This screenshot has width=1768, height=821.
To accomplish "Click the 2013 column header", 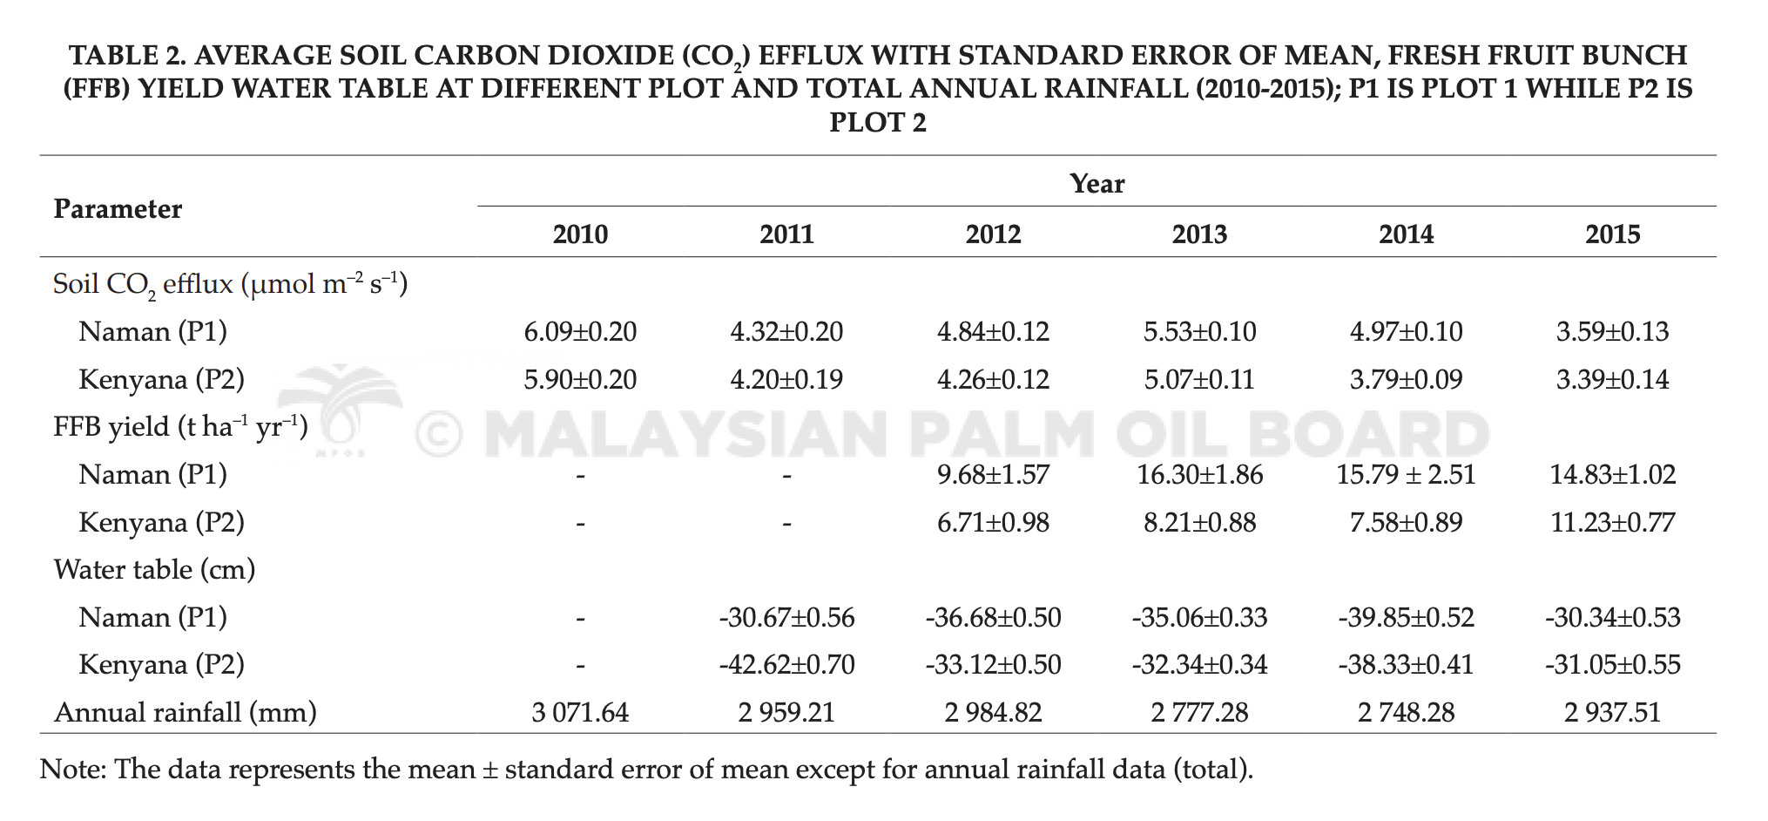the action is tap(1199, 234).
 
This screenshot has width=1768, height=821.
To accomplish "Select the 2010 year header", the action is tap(580, 234).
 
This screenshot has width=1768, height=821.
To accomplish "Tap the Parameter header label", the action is tap(118, 209).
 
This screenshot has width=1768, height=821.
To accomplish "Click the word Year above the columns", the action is tap(1097, 184).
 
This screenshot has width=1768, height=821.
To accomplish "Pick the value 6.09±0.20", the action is tap(580, 332).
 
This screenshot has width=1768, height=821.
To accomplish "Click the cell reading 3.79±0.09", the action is tap(1406, 380).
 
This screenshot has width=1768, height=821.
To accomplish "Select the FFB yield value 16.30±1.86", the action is tap(1199, 475).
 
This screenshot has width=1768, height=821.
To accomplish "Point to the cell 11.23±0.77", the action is tap(1612, 523).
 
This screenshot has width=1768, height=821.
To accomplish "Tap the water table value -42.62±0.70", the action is tap(786, 665).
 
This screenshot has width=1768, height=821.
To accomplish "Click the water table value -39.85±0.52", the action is tap(1406, 618).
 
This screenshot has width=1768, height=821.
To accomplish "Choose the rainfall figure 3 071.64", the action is tap(580, 713).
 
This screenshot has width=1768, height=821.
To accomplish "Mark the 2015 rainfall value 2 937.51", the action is tap(1612, 713).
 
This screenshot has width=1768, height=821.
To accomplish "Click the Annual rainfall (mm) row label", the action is tap(186, 713).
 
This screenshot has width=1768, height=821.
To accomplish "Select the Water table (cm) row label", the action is tap(154, 570).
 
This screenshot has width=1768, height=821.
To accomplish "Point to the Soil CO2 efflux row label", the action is tap(231, 284).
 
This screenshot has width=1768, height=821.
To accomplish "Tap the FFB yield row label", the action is tap(181, 427).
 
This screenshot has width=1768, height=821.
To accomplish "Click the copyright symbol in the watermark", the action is tap(438, 434).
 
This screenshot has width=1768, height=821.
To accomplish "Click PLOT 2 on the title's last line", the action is tap(878, 123).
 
